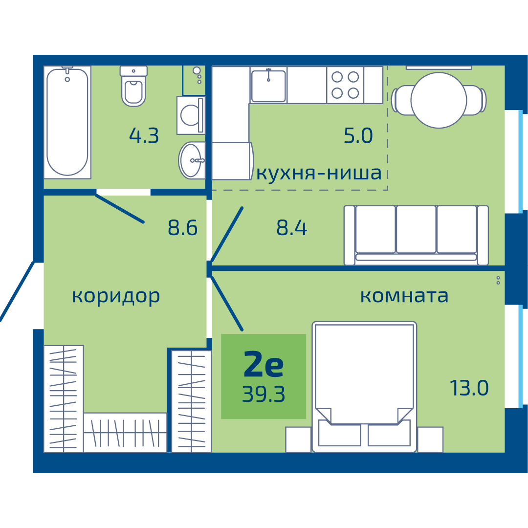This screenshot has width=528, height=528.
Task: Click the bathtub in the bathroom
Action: [67, 122]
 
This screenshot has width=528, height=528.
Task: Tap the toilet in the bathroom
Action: [133, 86]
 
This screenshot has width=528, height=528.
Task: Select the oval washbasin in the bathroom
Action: [192, 160]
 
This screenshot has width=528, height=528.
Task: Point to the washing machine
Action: [191, 115]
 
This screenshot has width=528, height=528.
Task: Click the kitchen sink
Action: [268, 85]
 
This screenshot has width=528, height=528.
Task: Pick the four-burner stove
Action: [345, 85]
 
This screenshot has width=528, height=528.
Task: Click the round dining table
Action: [439, 100]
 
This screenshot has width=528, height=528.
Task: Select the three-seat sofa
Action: [416, 235]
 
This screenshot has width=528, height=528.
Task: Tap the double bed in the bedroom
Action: [364, 387]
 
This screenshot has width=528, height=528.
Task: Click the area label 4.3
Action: [144, 136]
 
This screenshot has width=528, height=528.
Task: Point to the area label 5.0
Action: [358, 136]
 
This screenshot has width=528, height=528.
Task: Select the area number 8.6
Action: [182, 228]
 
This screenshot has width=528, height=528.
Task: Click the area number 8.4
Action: [291, 228]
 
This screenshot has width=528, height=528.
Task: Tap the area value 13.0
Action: [469, 388]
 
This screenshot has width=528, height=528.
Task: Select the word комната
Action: [404, 296]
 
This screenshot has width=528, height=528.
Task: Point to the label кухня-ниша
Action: [319, 174]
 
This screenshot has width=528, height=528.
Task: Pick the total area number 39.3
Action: [264, 394]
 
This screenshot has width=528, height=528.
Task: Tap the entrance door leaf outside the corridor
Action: [17, 291]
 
